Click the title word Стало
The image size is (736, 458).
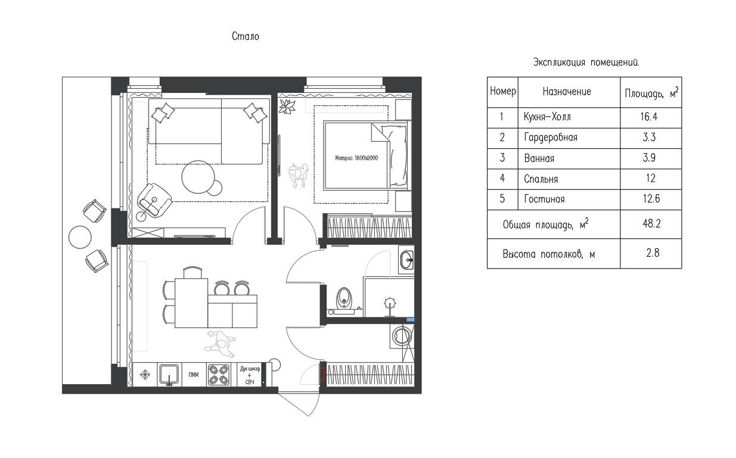[245, 37]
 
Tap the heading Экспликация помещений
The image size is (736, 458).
[586, 63]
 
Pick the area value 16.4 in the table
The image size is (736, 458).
[649, 117]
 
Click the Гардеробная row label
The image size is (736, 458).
[551, 138]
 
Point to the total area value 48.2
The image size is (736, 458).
[649, 224]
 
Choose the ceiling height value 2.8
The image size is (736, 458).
[649, 253]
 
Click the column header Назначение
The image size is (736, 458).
[567, 92]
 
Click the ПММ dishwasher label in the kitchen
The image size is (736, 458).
[194, 375]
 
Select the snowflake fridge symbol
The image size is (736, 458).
[144, 375]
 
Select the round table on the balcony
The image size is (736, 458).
[80, 237]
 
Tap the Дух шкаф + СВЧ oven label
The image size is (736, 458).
[250, 375]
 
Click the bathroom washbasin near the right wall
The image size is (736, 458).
[407, 260]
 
